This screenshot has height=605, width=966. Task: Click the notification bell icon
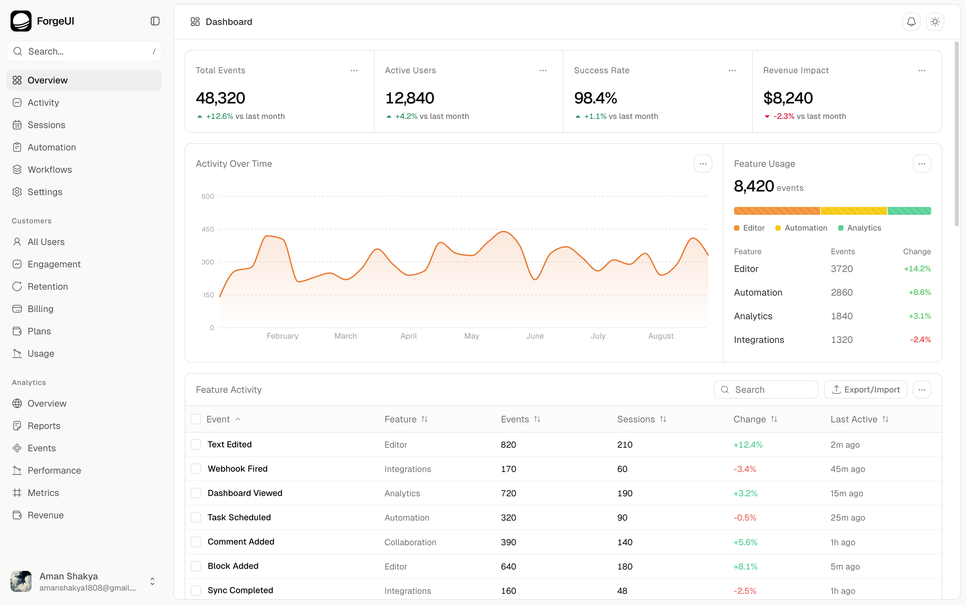click(911, 22)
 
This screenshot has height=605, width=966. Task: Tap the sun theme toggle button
click(934, 22)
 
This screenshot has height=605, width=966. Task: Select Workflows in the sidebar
click(50, 170)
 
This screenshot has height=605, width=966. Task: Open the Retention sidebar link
click(48, 286)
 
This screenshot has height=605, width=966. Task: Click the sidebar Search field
click(84, 51)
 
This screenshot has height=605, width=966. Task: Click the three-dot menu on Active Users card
click(542, 70)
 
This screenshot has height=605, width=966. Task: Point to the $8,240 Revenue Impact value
click(788, 98)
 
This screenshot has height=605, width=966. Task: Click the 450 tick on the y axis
click(208, 229)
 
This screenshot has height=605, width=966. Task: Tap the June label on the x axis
click(535, 336)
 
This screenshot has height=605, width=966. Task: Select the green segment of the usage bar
click(909, 211)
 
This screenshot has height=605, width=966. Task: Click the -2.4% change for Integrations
click(920, 340)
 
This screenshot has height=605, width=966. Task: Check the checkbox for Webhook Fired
click(196, 469)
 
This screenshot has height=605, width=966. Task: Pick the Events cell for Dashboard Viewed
click(508, 493)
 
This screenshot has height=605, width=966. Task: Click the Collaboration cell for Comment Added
click(410, 542)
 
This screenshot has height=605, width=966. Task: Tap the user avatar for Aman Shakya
click(21, 581)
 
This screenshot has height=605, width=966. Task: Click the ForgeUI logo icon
click(21, 21)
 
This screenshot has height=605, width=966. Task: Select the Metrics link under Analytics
click(43, 493)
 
